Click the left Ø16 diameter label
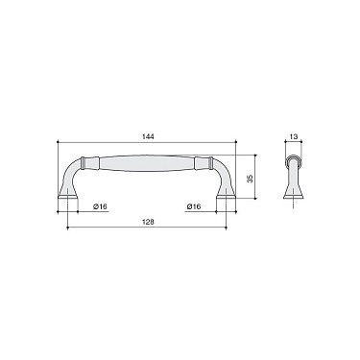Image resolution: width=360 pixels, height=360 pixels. pos(99,205)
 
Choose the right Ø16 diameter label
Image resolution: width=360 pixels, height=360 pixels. pos(193,205)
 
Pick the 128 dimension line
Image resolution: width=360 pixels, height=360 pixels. pos(115,229)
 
